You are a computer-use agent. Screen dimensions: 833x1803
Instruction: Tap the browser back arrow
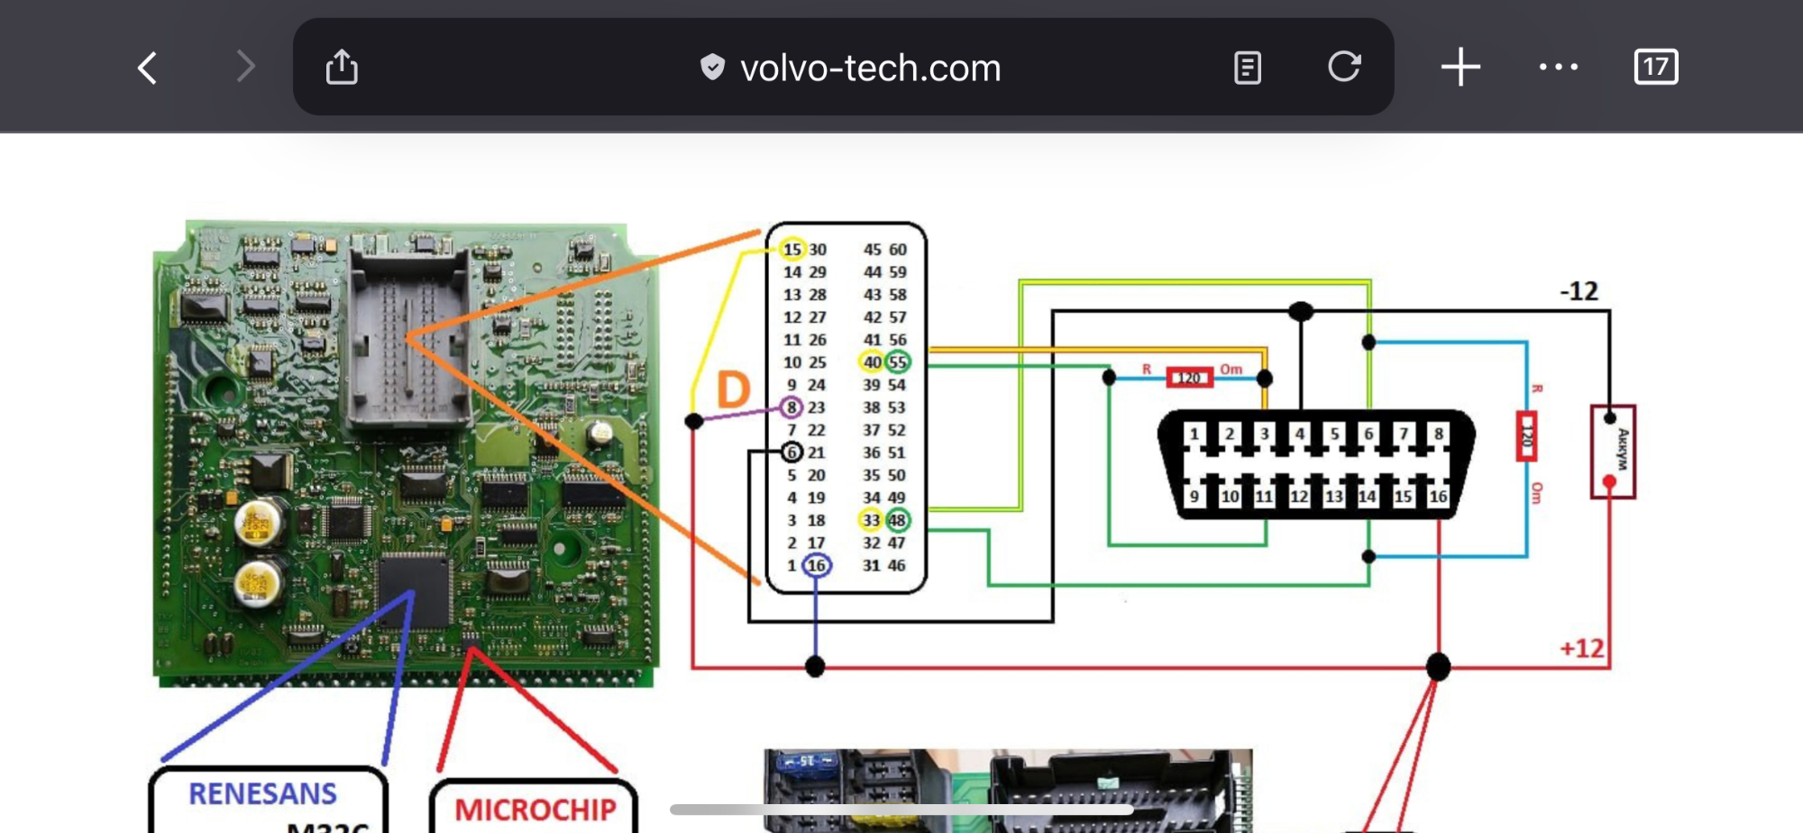pyautogui.click(x=148, y=68)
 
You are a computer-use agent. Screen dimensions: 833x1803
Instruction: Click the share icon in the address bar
pyautogui.click(x=342, y=68)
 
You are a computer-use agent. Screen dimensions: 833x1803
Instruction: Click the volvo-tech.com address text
pyautogui.click(x=870, y=69)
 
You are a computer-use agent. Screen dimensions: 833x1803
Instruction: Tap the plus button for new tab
pyautogui.click(x=1460, y=68)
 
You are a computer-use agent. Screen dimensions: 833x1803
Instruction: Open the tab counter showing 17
pyautogui.click(x=1655, y=68)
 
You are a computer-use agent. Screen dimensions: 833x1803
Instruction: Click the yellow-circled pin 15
pyautogui.click(x=792, y=250)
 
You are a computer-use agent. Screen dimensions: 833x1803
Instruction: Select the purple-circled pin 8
pyautogui.click(x=792, y=407)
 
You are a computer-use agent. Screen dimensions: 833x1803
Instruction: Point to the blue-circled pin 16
pyautogui.click(x=816, y=565)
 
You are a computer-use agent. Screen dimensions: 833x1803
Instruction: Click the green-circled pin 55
pyautogui.click(x=897, y=362)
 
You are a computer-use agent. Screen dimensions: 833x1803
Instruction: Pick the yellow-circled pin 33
pyautogui.click(x=871, y=520)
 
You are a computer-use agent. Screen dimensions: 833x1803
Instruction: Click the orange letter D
pyautogui.click(x=733, y=390)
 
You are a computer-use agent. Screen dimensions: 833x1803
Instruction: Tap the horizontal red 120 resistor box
pyautogui.click(x=1189, y=378)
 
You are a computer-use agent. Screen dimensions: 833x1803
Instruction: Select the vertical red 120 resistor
pyautogui.click(x=1525, y=436)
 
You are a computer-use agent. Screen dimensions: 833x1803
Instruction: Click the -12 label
pyautogui.click(x=1579, y=291)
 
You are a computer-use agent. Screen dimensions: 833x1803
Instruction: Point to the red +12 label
pyautogui.click(x=1582, y=649)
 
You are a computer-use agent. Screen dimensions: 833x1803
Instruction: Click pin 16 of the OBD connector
pyautogui.click(x=1438, y=496)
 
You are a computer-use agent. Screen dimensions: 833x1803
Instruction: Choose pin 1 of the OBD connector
pyautogui.click(x=1194, y=434)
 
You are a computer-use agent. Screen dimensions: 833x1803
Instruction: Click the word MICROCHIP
pyautogui.click(x=535, y=810)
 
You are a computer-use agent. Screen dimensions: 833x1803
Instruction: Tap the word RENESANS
pyautogui.click(x=262, y=793)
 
